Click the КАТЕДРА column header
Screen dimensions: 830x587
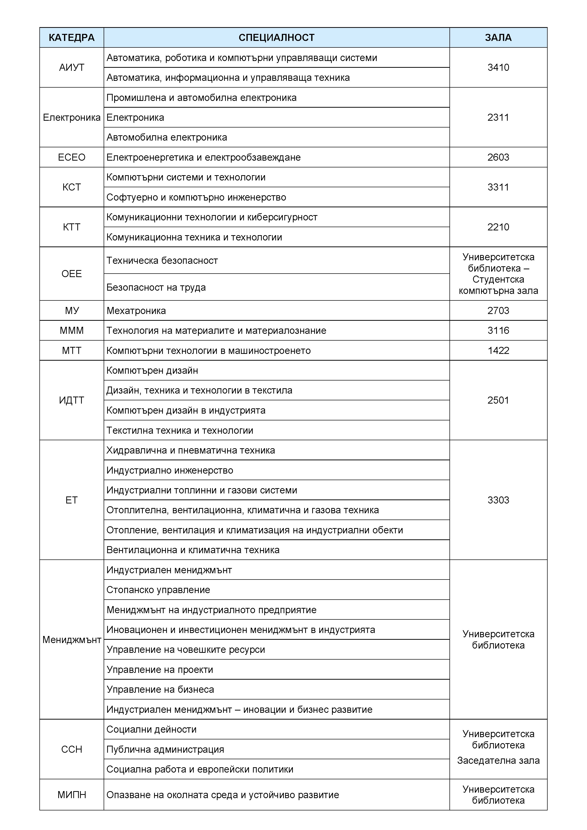(x=72, y=38)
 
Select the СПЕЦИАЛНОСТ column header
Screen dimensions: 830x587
(x=277, y=38)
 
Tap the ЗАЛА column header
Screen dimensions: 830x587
(x=498, y=38)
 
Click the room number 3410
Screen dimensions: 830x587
(x=498, y=67)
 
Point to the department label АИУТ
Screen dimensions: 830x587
(x=72, y=68)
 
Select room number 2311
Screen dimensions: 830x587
(x=498, y=117)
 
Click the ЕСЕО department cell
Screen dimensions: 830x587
(x=72, y=157)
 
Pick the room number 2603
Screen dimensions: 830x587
(x=498, y=157)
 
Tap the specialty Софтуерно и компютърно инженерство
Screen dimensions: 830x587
(x=196, y=197)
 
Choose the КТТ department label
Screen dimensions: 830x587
(x=72, y=227)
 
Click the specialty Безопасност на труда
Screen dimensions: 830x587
(x=156, y=287)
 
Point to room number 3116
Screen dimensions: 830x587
(x=498, y=330)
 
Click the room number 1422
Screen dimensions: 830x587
(x=498, y=351)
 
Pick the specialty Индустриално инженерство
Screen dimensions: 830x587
(x=170, y=470)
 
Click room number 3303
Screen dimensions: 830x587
(x=498, y=500)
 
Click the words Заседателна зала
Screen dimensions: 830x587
(x=498, y=760)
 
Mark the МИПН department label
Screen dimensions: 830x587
(x=72, y=795)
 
